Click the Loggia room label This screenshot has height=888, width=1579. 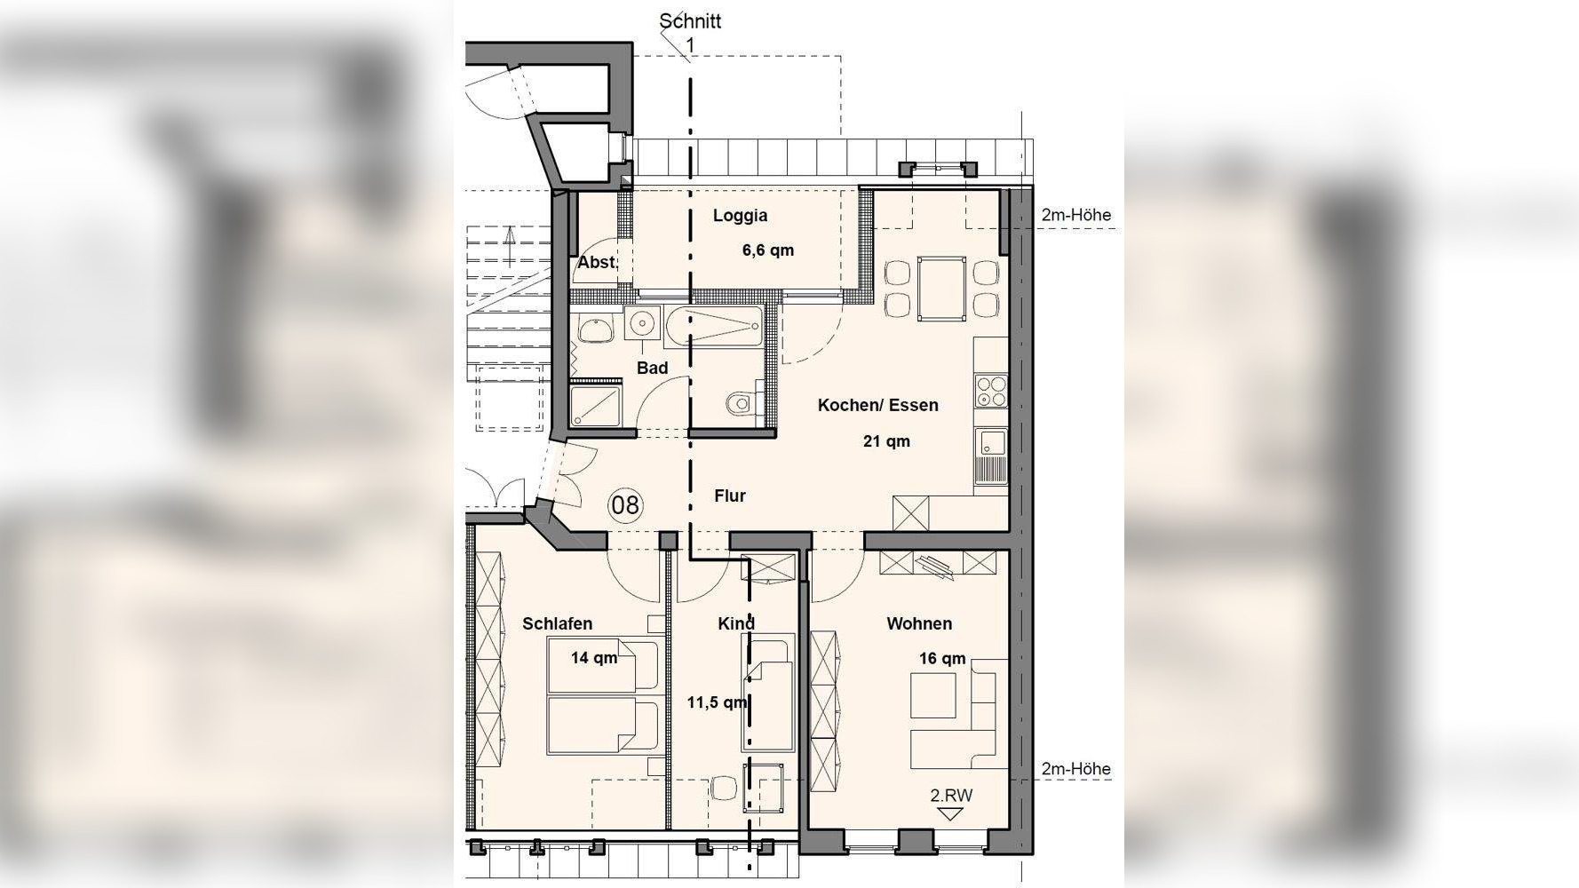[x=740, y=216]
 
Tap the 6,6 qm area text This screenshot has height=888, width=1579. [x=768, y=250]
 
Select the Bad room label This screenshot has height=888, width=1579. [x=652, y=368]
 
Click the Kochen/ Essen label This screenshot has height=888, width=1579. [x=877, y=405]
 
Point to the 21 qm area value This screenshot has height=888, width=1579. [x=886, y=441]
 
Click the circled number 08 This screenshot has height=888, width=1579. [x=625, y=505]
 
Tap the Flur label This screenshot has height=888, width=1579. [x=730, y=496]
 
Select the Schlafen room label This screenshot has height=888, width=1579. [x=557, y=624]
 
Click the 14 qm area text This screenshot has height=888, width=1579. [x=594, y=658]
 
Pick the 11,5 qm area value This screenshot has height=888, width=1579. [x=717, y=702]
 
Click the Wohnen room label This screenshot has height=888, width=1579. [x=919, y=624]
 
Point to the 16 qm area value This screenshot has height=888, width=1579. [x=942, y=659]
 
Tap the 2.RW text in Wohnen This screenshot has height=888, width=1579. [x=951, y=796]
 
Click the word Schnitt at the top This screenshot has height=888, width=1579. [x=690, y=20]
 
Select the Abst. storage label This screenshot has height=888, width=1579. [x=596, y=263]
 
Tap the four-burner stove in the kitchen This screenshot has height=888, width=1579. [x=991, y=390]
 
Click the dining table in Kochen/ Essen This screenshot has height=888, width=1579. [x=941, y=288]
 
